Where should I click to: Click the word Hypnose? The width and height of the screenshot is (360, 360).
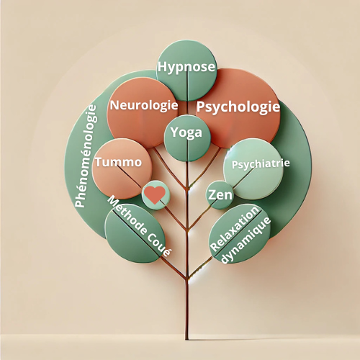point(186,67)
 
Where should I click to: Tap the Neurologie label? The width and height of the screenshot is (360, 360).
point(144,105)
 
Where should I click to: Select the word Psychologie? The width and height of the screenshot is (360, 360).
point(238,107)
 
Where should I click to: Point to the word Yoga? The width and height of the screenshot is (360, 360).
point(186,132)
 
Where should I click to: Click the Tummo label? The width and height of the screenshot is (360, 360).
point(119,162)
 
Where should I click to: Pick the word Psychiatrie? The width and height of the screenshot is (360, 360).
point(261,164)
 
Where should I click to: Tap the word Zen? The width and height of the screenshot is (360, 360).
point(220,194)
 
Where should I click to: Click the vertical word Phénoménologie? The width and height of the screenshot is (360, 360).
point(86,156)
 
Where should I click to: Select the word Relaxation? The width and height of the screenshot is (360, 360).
point(235,228)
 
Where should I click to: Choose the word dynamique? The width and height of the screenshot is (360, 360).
point(246,240)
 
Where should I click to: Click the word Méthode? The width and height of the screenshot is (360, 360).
point(127,215)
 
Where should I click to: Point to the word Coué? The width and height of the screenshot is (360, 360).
point(159,244)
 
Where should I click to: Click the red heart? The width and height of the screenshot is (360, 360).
point(155,194)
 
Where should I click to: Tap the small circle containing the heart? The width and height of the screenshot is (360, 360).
point(156,195)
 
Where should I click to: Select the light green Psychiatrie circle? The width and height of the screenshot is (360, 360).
point(253,169)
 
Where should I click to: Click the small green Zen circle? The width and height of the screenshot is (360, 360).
point(220,195)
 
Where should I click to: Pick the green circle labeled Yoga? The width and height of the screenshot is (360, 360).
point(187,138)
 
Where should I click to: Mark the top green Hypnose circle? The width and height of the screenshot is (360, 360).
point(186,71)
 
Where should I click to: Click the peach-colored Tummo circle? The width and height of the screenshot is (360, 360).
point(122,169)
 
